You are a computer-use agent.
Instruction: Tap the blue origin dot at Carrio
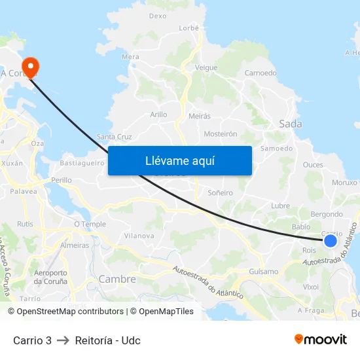click(331, 241)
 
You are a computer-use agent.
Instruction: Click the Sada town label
click(290, 123)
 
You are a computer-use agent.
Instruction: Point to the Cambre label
click(117, 279)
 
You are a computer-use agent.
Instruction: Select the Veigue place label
click(206, 67)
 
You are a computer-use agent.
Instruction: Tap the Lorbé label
click(189, 27)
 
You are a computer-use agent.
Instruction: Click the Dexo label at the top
click(158, 16)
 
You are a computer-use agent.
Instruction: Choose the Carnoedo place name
click(261, 73)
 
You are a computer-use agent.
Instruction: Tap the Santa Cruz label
click(115, 137)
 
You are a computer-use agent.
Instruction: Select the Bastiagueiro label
click(82, 162)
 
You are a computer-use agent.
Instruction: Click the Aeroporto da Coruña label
click(50, 277)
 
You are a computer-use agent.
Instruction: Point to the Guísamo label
click(264, 271)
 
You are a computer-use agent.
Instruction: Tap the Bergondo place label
click(327, 214)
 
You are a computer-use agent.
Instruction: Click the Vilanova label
click(139, 235)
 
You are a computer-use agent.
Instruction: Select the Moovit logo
click(321, 340)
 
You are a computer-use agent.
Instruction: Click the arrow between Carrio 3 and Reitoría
click(63, 340)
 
